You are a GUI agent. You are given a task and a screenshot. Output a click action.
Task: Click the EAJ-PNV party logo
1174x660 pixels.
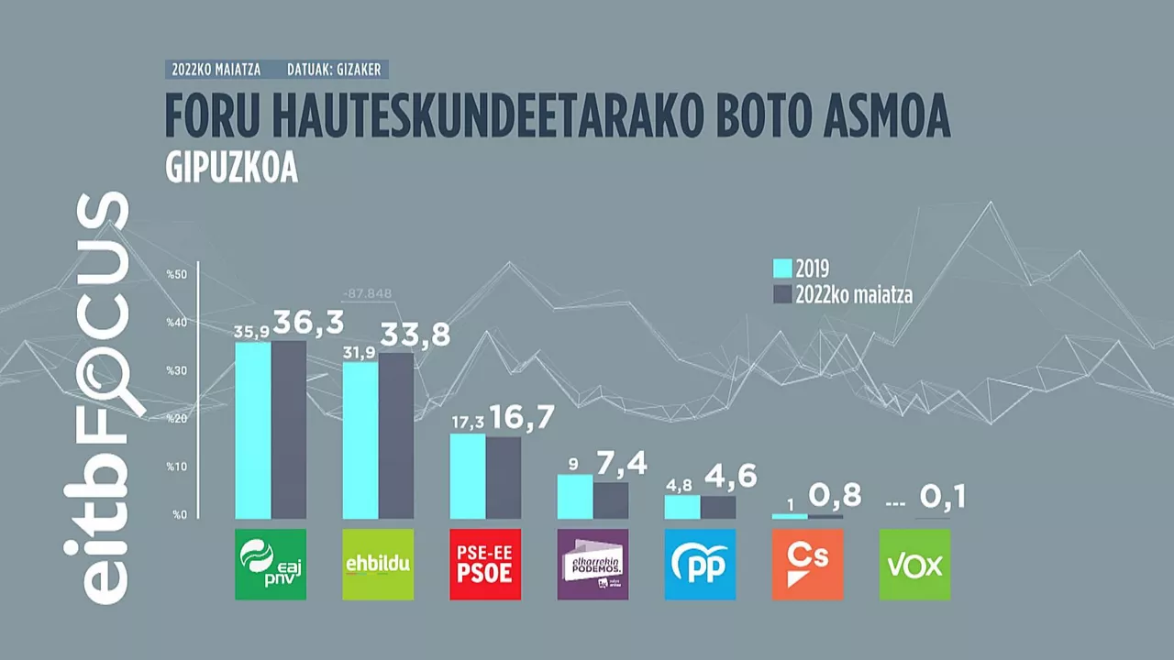pyautogui.click(x=271, y=565)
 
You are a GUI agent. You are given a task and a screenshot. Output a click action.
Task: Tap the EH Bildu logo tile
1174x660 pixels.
pyautogui.click(x=378, y=565)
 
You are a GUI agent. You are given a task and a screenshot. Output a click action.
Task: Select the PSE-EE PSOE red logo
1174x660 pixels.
pyautogui.click(x=485, y=565)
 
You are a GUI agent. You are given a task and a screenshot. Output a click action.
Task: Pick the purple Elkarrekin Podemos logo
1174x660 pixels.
pyautogui.click(x=593, y=565)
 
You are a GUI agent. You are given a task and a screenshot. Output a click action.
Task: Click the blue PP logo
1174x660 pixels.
pyautogui.click(x=700, y=565)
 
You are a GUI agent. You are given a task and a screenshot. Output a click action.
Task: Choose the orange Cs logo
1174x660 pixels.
pyautogui.click(x=807, y=565)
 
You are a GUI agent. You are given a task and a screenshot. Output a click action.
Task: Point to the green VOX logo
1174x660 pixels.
pyautogui.click(x=914, y=565)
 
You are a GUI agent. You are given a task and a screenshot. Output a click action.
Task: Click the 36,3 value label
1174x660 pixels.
pyautogui.click(x=308, y=323)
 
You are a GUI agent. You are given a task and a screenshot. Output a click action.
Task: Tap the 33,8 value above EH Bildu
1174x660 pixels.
pyautogui.click(x=415, y=335)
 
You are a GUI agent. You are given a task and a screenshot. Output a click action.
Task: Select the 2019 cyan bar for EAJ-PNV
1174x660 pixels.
pyautogui.click(x=253, y=431)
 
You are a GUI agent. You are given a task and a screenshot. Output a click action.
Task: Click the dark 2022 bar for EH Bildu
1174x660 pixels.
pyautogui.click(x=396, y=436)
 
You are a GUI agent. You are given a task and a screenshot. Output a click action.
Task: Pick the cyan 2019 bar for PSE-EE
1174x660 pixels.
pyautogui.click(x=468, y=477)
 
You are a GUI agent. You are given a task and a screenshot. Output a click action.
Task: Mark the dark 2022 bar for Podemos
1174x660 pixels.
pyautogui.click(x=611, y=500)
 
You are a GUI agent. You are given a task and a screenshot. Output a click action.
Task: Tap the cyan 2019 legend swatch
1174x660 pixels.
pyautogui.click(x=782, y=269)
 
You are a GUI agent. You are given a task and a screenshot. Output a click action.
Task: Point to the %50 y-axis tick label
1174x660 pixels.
pyautogui.click(x=176, y=274)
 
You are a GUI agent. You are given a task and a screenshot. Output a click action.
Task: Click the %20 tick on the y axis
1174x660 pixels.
pyautogui.click(x=176, y=419)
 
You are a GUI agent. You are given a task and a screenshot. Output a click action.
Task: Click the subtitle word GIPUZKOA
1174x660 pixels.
pyautogui.click(x=232, y=170)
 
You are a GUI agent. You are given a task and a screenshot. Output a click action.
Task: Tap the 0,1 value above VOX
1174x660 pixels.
pyautogui.click(x=943, y=499)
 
